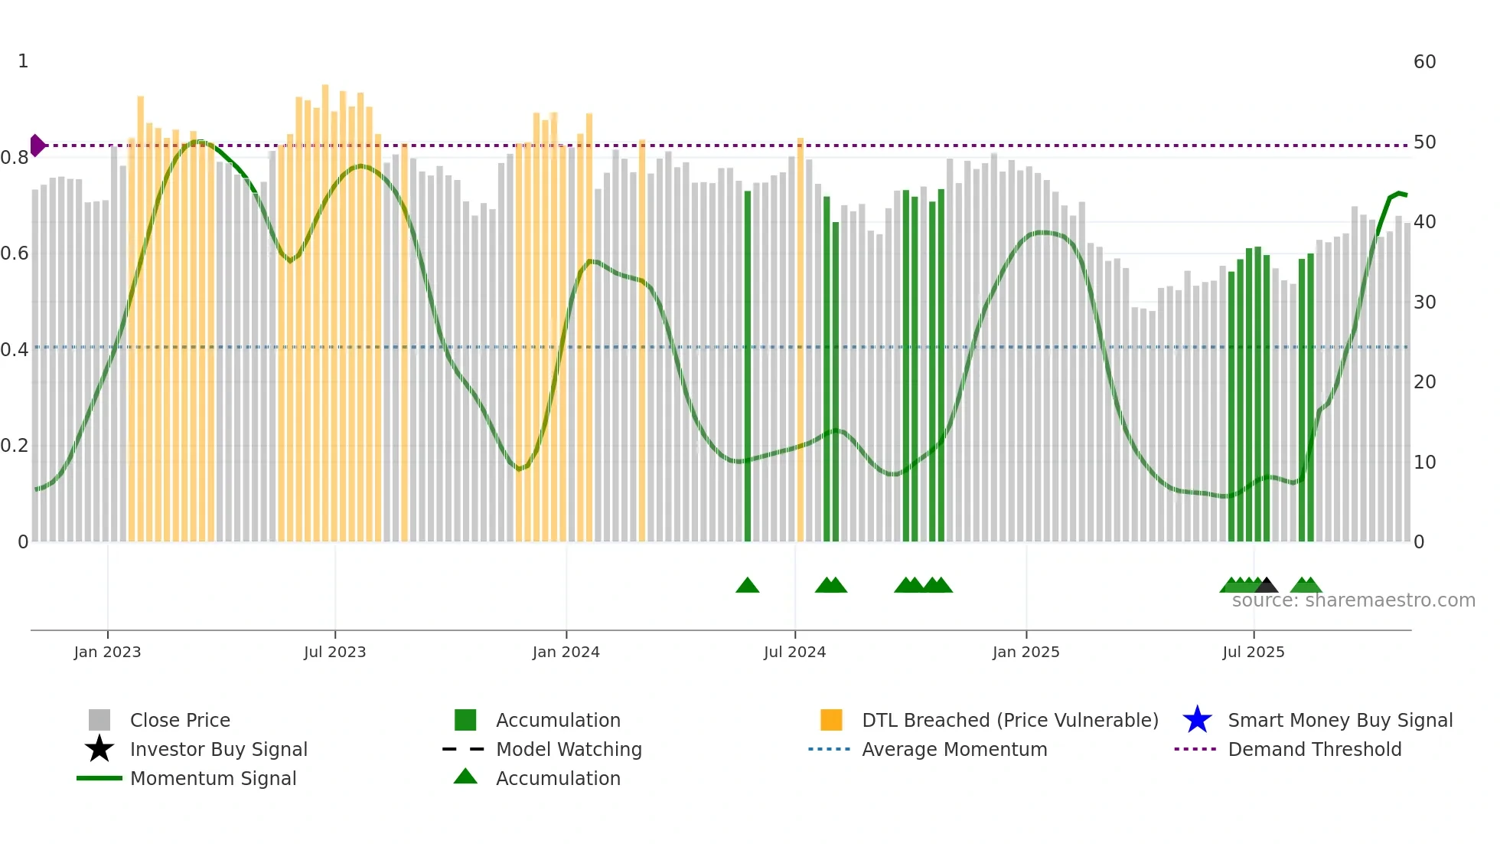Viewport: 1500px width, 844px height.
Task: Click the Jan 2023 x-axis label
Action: pyautogui.click(x=107, y=652)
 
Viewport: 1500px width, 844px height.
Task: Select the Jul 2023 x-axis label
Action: pyautogui.click(x=334, y=652)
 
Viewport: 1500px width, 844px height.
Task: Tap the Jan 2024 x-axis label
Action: pyautogui.click(x=566, y=652)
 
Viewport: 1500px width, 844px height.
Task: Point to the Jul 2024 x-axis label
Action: pyautogui.click(x=794, y=652)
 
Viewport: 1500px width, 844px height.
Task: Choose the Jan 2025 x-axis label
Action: pyautogui.click(x=1026, y=652)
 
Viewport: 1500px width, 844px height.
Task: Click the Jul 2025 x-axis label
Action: pyautogui.click(x=1253, y=652)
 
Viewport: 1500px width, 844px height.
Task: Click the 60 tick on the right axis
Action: pyautogui.click(x=1424, y=62)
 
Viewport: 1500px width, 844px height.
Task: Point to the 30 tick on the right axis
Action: pyautogui.click(x=1424, y=303)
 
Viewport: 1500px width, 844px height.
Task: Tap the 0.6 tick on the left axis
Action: pyautogui.click(x=15, y=254)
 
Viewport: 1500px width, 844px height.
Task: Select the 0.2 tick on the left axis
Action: pyautogui.click(x=15, y=446)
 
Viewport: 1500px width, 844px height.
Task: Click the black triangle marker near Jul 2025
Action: pyautogui.click(x=1266, y=586)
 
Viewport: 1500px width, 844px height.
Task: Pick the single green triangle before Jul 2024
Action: pyautogui.click(x=747, y=586)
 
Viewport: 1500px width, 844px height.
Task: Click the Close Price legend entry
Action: pyautogui.click(x=179, y=721)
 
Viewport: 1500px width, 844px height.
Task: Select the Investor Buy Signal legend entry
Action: pyautogui.click(x=218, y=750)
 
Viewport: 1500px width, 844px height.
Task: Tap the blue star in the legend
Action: pyautogui.click(x=1197, y=720)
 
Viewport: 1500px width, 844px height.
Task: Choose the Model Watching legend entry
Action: pyautogui.click(x=568, y=750)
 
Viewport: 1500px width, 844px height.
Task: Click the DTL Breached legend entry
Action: pyautogui.click(x=1009, y=721)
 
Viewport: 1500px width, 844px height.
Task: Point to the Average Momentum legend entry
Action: pyautogui.click(x=954, y=750)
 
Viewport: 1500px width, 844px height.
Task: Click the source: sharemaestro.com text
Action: pyautogui.click(x=1353, y=600)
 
